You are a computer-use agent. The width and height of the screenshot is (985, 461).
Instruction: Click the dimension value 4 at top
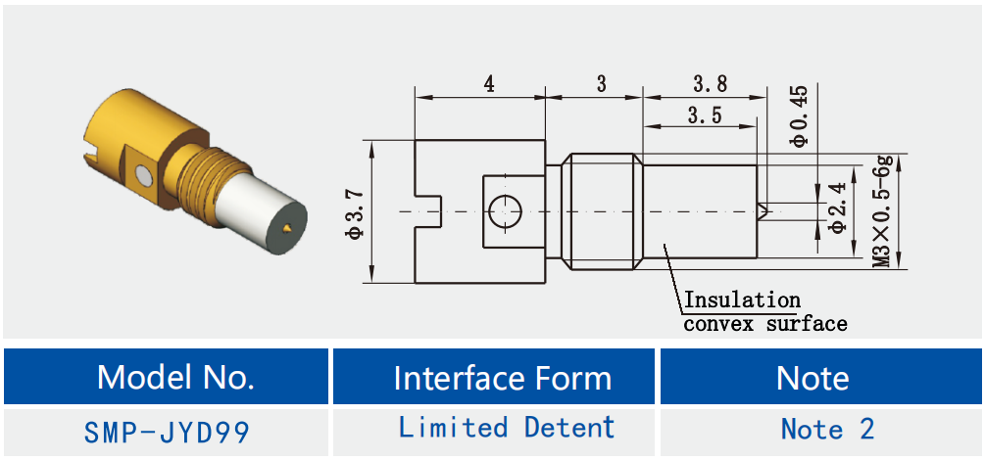coord(488,84)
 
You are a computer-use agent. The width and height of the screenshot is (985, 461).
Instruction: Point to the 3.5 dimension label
coord(704,115)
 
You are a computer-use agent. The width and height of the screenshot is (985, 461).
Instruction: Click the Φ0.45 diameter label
coord(800,115)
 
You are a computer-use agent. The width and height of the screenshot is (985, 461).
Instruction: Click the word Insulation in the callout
coord(741,300)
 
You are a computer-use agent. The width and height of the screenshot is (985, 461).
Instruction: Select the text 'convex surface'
coord(764,323)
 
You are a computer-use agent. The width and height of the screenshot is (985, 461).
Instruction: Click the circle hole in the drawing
coord(505,211)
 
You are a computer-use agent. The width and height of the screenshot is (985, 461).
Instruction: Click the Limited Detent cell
coord(507,428)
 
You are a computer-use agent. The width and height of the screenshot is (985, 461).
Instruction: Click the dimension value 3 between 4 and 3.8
coord(601,84)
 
